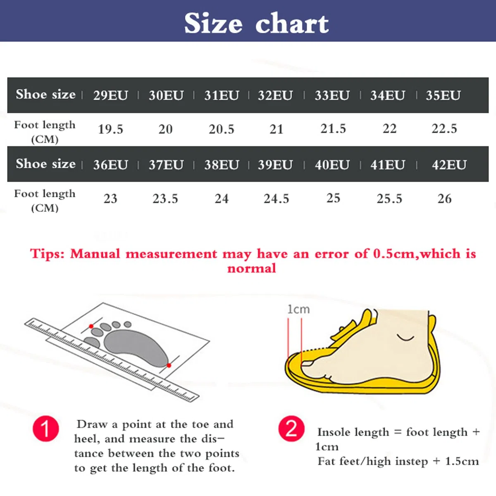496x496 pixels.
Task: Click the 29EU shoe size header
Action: (x=110, y=95)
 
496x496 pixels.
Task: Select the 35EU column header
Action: (x=443, y=95)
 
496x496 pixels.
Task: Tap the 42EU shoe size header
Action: (x=449, y=165)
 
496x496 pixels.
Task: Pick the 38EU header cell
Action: (x=222, y=165)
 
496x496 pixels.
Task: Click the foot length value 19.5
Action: (x=110, y=129)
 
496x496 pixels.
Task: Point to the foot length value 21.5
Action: (x=333, y=129)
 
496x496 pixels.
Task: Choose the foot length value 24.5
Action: (x=276, y=198)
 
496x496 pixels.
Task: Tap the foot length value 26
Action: (x=444, y=198)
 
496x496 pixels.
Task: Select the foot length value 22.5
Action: (x=444, y=129)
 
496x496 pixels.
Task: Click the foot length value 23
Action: (x=110, y=198)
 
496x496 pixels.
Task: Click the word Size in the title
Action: (x=213, y=24)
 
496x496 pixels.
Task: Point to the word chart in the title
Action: (x=292, y=24)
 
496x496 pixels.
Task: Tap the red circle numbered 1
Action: (x=46, y=429)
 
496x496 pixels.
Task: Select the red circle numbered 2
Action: (x=291, y=429)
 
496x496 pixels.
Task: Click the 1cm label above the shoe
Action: (x=298, y=310)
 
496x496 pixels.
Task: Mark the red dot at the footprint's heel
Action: (x=169, y=365)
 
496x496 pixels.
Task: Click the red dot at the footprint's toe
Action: (x=91, y=327)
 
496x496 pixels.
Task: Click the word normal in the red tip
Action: (x=251, y=269)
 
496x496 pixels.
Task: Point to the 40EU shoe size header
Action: (x=332, y=165)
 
